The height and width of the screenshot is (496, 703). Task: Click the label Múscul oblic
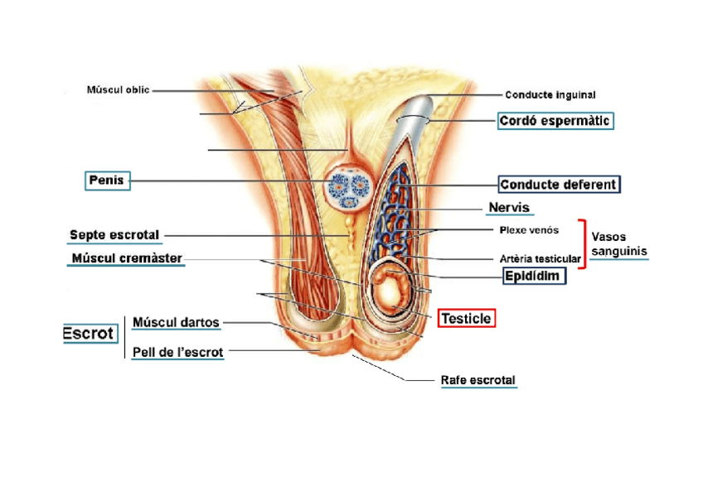[x=119, y=90]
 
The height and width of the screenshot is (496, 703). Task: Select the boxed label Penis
[x=108, y=180]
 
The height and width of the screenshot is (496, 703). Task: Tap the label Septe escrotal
[x=114, y=235]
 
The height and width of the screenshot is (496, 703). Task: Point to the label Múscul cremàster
[x=127, y=258]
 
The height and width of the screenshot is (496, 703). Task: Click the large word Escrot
[x=88, y=333]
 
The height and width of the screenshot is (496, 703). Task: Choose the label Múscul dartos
[x=176, y=322]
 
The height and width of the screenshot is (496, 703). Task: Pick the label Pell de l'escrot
[x=177, y=352]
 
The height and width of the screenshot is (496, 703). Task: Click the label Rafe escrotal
[x=478, y=381]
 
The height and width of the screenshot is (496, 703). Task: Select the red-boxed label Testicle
[x=466, y=318]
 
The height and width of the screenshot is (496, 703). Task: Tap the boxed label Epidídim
[x=535, y=276]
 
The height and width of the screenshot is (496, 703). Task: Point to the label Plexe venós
[x=529, y=229]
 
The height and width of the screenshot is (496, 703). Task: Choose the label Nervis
[x=509, y=207]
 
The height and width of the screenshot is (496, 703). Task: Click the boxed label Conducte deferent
[x=558, y=185]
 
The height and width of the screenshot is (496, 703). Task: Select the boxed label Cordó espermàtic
[x=555, y=121]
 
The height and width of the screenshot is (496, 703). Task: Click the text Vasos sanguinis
[x=618, y=243]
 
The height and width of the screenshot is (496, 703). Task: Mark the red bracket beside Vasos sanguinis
[x=582, y=243]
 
